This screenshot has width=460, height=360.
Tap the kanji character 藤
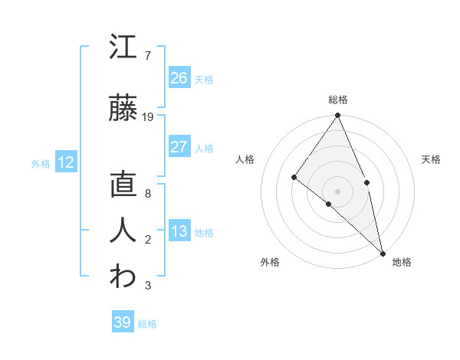tap(123, 109)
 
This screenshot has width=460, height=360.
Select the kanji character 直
tap(123, 185)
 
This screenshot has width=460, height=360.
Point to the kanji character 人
tap(123, 231)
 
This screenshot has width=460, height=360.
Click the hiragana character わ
tap(123, 277)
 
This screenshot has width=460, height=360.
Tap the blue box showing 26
tap(179, 78)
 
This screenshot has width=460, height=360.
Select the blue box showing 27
tap(179, 147)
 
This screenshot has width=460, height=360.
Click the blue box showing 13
tap(179, 231)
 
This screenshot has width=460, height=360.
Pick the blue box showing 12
tap(66, 162)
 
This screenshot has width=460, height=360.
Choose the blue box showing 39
tap(123, 322)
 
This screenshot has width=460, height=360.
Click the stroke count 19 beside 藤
tap(148, 117)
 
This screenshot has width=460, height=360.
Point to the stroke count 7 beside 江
tap(147, 56)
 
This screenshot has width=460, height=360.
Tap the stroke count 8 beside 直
tap(147, 194)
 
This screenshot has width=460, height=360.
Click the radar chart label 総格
tap(337, 100)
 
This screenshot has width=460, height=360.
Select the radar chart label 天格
tap(432, 159)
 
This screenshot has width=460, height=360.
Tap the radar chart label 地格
tap(402, 263)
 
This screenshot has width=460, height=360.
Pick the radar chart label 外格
tap(270, 263)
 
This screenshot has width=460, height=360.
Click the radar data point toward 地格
tap(382, 252)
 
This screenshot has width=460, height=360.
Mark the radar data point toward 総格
tap(337, 116)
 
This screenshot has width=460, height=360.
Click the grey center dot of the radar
tap(337, 191)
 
